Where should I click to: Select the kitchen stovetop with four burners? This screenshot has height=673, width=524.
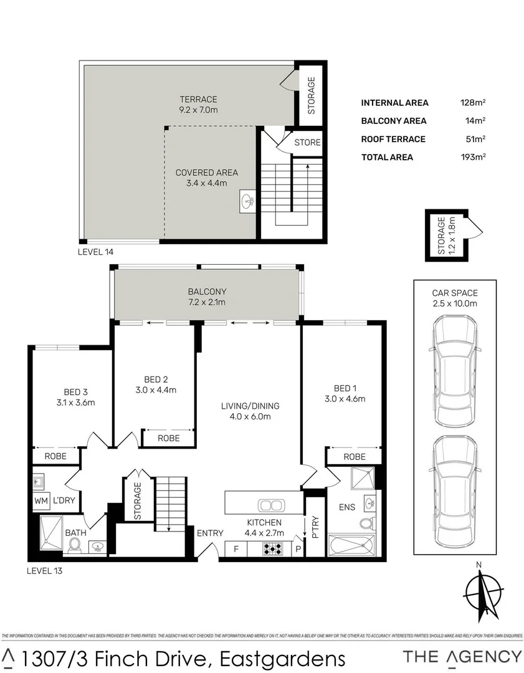[272, 549]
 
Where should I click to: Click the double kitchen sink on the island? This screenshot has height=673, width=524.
[271, 505]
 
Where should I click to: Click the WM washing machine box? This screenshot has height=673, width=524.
[42, 500]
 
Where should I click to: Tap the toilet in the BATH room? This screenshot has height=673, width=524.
[75, 545]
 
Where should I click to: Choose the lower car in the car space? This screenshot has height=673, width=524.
[455, 489]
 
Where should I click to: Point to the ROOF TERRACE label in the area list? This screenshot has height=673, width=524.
[393, 139]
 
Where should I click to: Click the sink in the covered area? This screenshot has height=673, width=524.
[248, 201]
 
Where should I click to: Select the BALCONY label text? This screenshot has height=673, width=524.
[207, 291]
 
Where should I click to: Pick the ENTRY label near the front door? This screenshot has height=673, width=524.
[209, 532]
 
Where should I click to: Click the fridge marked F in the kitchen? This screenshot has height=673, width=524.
[236, 549]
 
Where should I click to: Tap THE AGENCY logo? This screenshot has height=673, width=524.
[462, 656]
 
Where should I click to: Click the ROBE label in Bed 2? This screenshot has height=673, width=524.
[168, 438]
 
